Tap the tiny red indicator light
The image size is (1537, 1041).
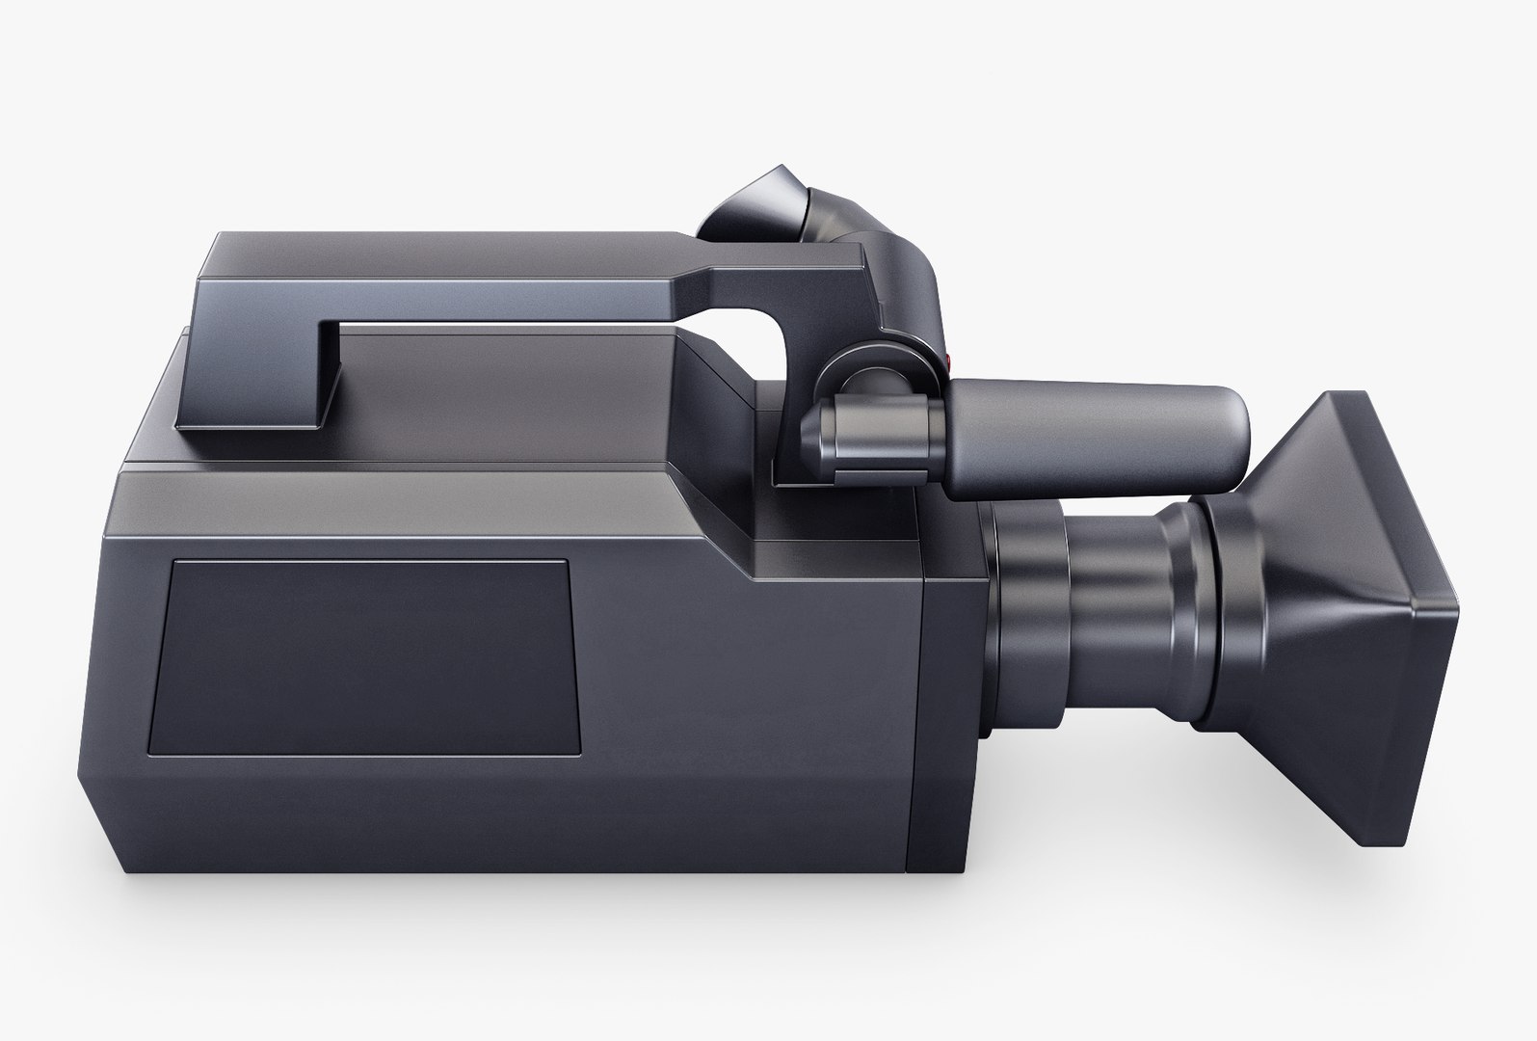click(950, 362)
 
